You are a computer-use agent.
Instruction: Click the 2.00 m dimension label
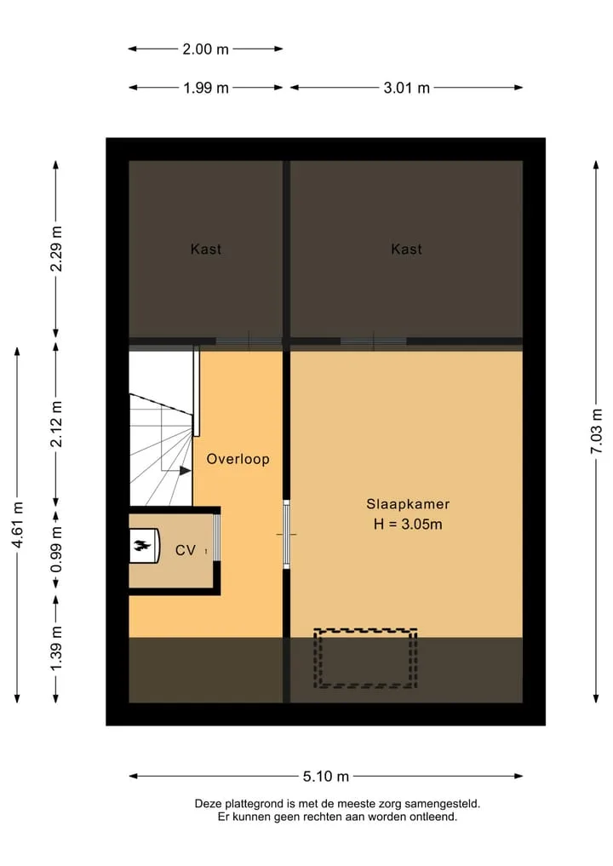(x=205, y=49)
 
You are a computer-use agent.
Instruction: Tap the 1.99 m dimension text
(x=206, y=88)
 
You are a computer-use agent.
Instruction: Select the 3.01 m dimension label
(x=406, y=88)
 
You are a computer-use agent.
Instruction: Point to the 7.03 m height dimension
(x=597, y=432)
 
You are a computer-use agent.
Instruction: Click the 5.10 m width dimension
(x=326, y=777)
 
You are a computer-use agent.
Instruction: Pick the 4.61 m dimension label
(x=18, y=525)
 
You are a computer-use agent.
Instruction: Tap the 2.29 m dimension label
(x=56, y=249)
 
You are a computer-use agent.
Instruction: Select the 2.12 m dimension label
(x=56, y=424)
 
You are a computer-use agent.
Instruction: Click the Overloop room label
(x=238, y=459)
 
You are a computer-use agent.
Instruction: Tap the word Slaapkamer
(x=408, y=504)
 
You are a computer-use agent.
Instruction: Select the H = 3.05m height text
(x=408, y=525)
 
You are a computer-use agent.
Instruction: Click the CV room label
(x=185, y=550)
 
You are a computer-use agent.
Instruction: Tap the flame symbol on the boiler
(x=142, y=546)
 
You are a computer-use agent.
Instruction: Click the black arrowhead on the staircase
(x=185, y=471)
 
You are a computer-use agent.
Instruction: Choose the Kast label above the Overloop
(x=205, y=249)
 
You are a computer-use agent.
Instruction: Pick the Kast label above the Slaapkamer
(x=406, y=249)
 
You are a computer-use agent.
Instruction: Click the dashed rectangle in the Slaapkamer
(x=365, y=629)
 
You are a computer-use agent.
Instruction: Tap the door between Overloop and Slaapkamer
(x=286, y=535)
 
